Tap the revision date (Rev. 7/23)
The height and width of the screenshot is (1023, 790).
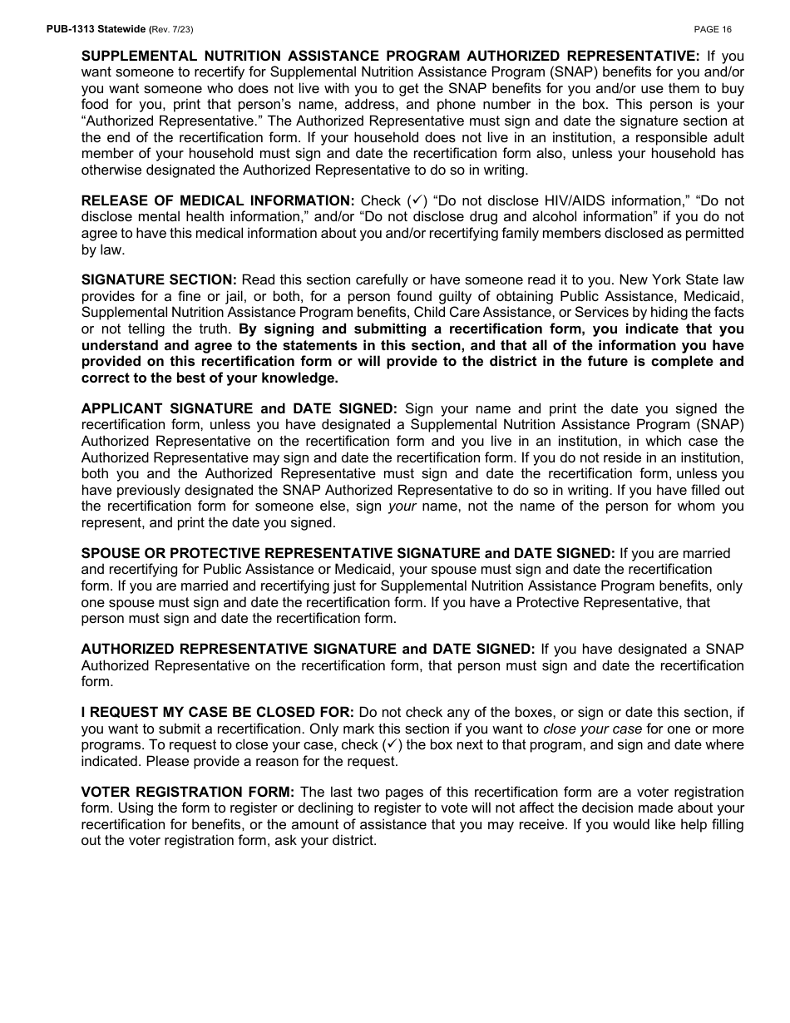171,29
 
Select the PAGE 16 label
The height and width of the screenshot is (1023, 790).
713,29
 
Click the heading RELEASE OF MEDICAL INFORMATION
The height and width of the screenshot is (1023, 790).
218,201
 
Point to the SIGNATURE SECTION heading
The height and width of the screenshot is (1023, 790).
159,280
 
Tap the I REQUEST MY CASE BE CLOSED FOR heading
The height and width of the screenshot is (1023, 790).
218,713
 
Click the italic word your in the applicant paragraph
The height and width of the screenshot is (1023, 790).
402,507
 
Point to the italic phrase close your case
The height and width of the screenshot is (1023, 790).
592,729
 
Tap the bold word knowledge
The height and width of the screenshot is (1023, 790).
302,378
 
